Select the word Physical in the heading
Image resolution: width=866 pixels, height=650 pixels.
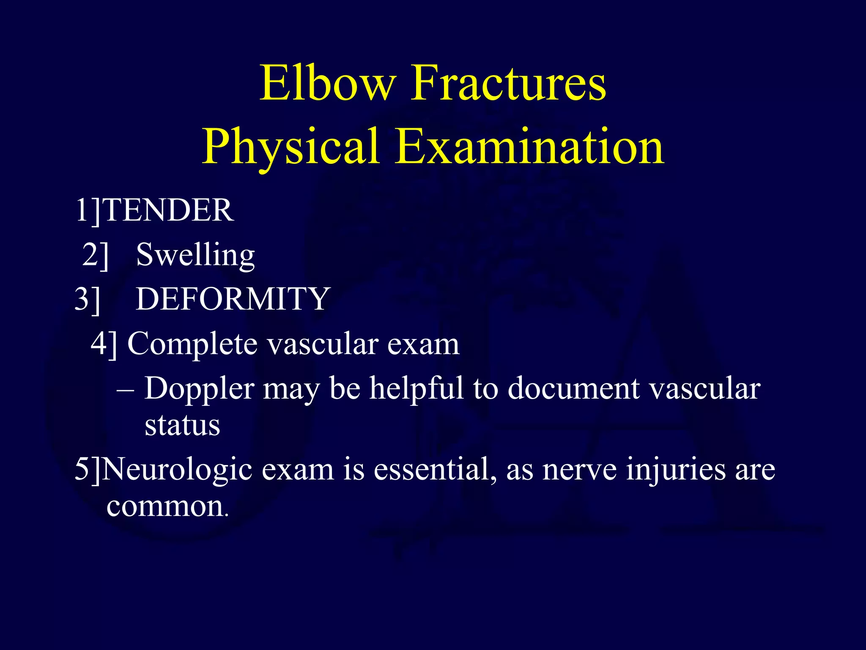[x=290, y=147]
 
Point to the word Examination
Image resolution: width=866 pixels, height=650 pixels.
[x=529, y=147]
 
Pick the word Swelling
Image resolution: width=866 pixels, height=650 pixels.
[x=195, y=255]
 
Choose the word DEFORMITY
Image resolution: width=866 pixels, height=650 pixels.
[x=233, y=299]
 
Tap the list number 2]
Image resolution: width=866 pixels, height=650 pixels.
[x=96, y=255]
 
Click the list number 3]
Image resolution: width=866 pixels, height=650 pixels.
[x=88, y=299]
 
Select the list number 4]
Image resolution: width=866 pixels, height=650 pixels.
[x=104, y=344]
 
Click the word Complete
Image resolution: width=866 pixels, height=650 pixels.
[x=192, y=344]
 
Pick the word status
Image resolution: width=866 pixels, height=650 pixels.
[x=182, y=425]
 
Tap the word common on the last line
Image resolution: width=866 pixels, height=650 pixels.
[x=165, y=507]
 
